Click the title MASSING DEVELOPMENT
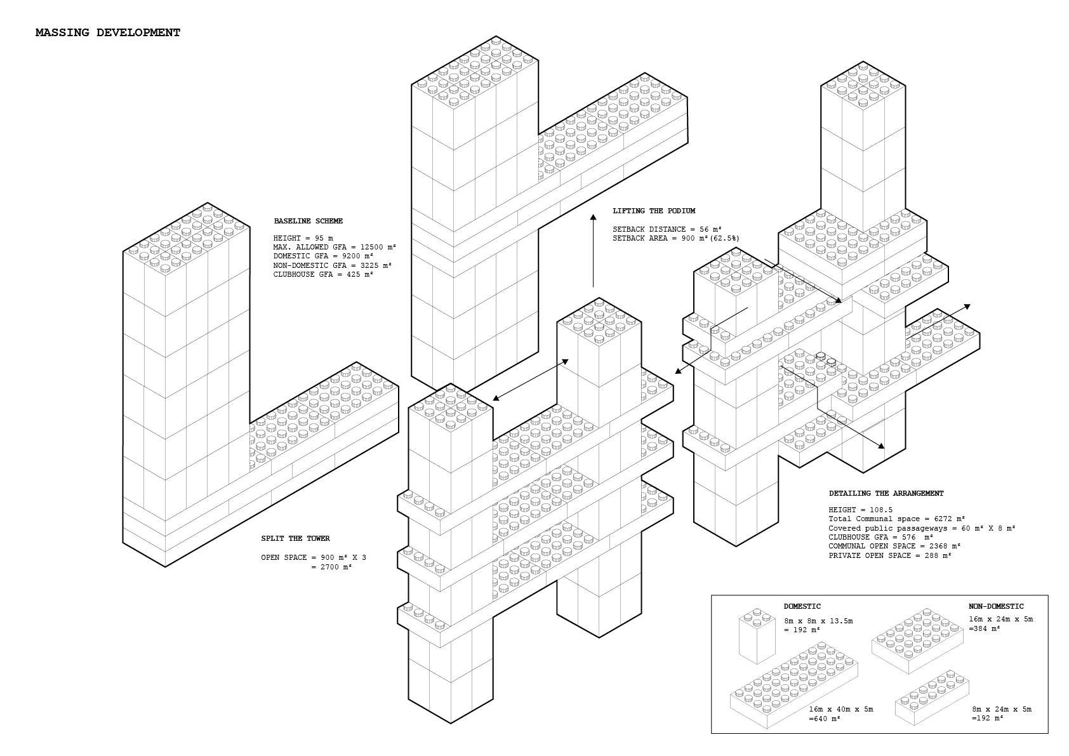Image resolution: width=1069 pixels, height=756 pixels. tap(108, 32)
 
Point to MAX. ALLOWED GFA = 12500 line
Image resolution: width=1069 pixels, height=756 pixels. tap(335, 247)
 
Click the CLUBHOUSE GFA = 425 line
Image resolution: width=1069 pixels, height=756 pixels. tap(323, 274)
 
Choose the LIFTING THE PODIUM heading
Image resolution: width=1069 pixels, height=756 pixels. tap(654, 211)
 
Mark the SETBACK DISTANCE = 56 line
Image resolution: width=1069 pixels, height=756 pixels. tap(667, 229)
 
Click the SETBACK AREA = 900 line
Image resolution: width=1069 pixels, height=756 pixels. tap(675, 238)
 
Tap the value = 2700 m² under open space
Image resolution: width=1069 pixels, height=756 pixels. tap(331, 567)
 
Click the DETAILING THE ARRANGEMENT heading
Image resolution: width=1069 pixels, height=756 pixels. tap(886, 493)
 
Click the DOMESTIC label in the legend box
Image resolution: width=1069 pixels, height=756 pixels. tap(802, 606)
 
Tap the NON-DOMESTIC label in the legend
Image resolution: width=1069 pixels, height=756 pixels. tap(996, 606)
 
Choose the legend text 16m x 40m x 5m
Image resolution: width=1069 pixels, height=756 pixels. tap(841, 709)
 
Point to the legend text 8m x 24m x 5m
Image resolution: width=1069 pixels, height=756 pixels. tap(1002, 709)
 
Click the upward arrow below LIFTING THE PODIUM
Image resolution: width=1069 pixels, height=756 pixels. tap(594, 251)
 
